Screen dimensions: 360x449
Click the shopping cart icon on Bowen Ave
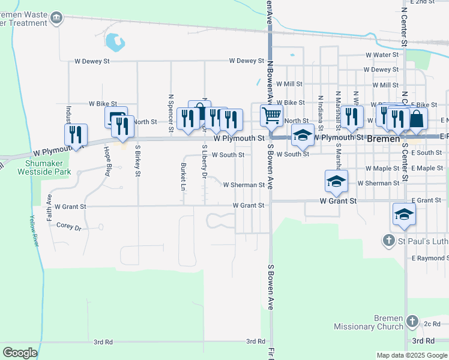tap(271, 115)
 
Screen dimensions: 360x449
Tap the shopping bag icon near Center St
tap(417, 118)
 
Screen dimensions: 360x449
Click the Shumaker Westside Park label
tap(47, 167)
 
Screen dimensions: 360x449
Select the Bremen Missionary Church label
tap(369, 322)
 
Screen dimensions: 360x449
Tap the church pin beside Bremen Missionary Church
tap(412, 322)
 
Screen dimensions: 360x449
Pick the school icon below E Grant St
tap(404, 214)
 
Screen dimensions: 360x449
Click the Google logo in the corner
tap(20, 353)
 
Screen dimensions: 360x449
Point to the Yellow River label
tap(35, 231)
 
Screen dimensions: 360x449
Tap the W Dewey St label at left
tap(92, 61)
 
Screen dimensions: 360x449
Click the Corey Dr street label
tap(68, 227)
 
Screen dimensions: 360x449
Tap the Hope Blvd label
tap(107, 157)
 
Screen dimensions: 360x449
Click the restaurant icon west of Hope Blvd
tap(76, 134)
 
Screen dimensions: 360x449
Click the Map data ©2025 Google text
tap(412, 355)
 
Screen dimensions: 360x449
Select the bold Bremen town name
tap(383, 138)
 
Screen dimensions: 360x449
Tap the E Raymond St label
tap(429, 258)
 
